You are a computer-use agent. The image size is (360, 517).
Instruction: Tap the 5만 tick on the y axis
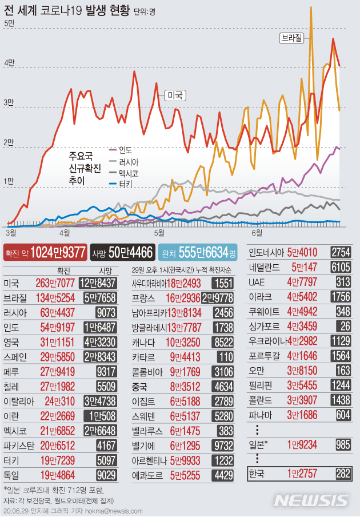click(9, 23)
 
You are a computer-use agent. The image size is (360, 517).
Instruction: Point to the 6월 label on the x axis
click(257, 233)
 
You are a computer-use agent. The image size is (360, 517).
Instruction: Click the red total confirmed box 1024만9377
click(46, 252)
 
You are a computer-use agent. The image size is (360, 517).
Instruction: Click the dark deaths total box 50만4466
click(123, 252)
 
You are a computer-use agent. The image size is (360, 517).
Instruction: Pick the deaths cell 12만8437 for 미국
click(99, 283)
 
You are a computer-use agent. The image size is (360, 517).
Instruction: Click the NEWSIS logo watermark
click(312, 500)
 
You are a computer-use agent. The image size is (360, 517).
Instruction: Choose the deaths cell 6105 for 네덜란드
click(341, 267)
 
